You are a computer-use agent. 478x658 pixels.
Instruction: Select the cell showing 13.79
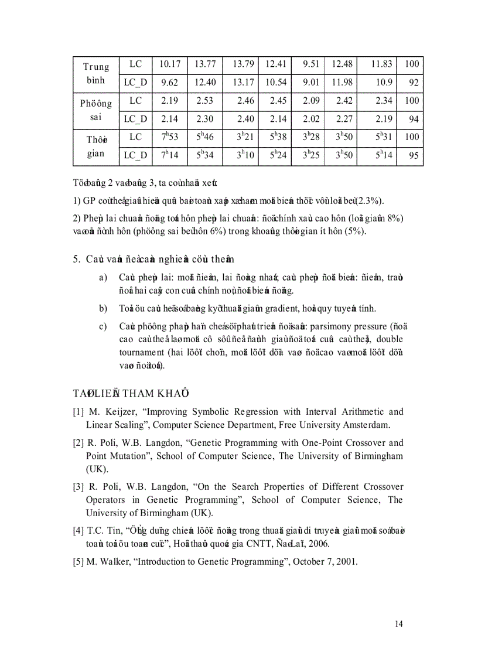pyautogui.click(x=243, y=64)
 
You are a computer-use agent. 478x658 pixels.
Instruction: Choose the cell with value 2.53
pyautogui.click(x=204, y=101)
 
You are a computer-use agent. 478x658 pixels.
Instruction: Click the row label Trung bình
pyautogui.click(x=96, y=73)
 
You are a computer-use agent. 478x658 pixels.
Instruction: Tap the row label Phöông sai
pyautogui.click(x=96, y=110)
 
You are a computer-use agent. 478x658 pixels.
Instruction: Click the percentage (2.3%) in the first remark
pyautogui.click(x=370, y=202)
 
